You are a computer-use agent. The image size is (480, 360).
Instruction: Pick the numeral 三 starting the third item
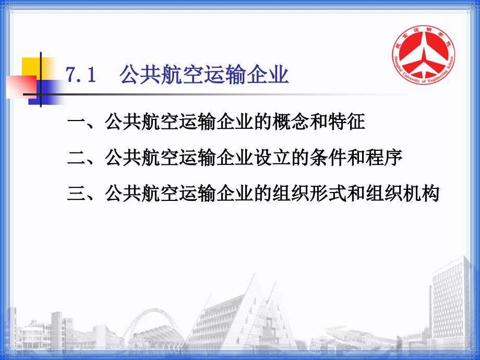point(77,194)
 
